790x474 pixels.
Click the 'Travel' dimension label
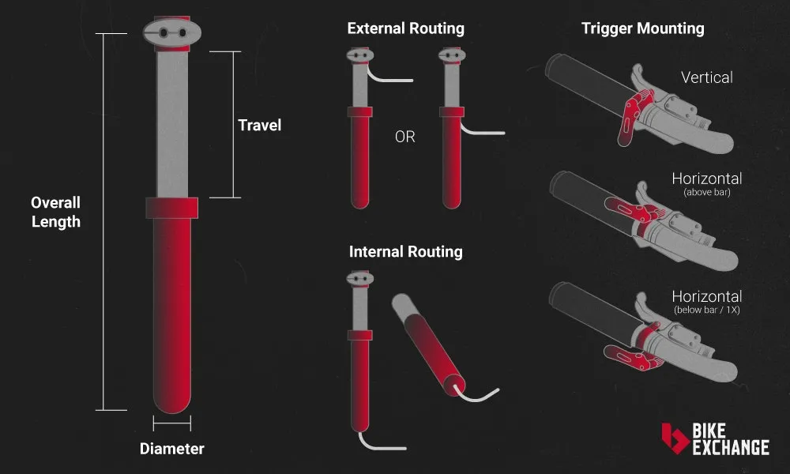[x=259, y=125]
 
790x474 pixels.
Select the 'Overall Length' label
[x=56, y=213]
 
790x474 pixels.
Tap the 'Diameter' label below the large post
[x=171, y=449]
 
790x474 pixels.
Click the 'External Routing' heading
[x=405, y=28]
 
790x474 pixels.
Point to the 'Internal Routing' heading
[x=405, y=252]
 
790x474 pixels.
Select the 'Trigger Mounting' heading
[x=642, y=28]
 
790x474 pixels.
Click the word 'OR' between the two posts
[x=404, y=137]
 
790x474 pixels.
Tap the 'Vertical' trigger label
[x=706, y=77]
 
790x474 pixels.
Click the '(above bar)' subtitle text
[x=706, y=192]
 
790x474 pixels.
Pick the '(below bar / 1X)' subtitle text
[x=706, y=310]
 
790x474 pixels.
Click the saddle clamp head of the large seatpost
[x=171, y=32]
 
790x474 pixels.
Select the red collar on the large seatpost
[x=171, y=208]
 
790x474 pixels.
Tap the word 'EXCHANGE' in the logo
[x=731, y=448]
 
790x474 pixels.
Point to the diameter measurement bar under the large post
[x=171, y=425]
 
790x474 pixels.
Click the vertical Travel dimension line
[x=234, y=125]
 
